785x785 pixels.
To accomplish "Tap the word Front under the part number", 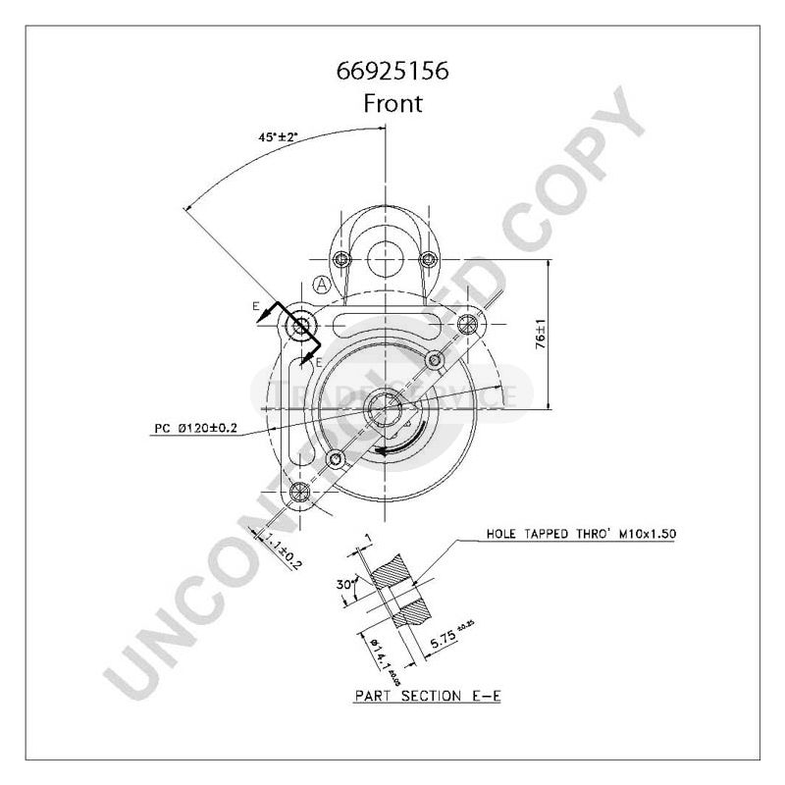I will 392,103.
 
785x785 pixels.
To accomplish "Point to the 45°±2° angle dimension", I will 278,139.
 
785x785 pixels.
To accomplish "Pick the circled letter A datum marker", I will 321,285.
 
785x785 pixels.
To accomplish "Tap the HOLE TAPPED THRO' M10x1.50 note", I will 582,535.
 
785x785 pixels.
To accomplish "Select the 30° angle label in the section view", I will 344,584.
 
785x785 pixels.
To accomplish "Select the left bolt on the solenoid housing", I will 341,260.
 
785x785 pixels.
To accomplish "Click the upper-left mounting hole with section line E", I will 299,325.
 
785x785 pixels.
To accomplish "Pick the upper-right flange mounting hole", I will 469,322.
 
